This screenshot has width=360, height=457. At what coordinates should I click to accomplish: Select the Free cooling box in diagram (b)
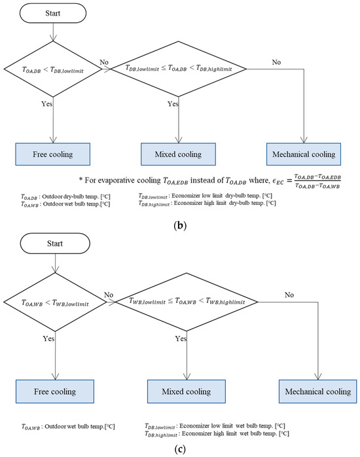(x=54, y=155)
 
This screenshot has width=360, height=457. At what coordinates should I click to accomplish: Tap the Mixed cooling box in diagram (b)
(x=173, y=155)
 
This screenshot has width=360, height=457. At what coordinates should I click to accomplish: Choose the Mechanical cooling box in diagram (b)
(x=300, y=155)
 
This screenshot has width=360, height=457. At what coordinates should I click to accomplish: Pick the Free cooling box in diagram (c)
(x=54, y=392)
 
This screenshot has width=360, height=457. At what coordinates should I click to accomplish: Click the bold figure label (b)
(x=180, y=223)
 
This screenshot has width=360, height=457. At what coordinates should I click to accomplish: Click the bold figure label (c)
(x=180, y=450)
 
